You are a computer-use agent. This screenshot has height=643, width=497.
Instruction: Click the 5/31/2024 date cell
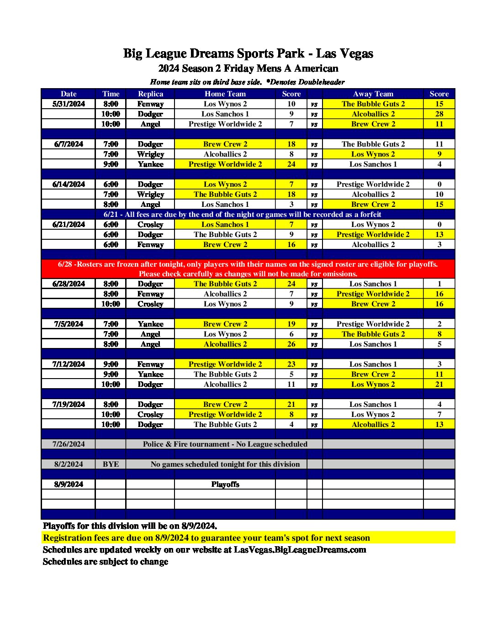tap(69, 104)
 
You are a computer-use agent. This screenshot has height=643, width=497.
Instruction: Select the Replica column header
tap(150, 94)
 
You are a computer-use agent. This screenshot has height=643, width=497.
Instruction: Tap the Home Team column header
tap(225, 94)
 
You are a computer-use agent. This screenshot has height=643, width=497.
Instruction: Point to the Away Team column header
tap(373, 94)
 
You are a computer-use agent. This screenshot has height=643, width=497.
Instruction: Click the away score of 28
tap(439, 114)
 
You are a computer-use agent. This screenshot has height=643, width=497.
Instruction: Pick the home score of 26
tap(291, 344)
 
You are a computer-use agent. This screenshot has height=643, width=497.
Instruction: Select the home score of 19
tap(291, 324)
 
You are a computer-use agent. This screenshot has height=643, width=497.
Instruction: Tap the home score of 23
tap(291, 364)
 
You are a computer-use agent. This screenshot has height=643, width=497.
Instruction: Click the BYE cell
tap(111, 464)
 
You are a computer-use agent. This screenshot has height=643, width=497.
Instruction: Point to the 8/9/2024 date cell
tap(69, 484)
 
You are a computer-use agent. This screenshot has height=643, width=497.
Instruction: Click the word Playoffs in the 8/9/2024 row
tap(225, 484)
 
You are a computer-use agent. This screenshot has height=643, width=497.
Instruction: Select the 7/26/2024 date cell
tap(69, 444)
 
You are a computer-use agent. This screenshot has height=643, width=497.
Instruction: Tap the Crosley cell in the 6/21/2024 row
tap(150, 224)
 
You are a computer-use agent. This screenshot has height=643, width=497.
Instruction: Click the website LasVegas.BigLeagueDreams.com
tap(300, 549)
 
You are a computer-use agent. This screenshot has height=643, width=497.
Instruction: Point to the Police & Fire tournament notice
tap(225, 444)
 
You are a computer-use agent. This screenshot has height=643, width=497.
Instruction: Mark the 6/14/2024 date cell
tap(69, 184)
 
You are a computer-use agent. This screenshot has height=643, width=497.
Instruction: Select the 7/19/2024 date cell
tap(69, 404)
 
